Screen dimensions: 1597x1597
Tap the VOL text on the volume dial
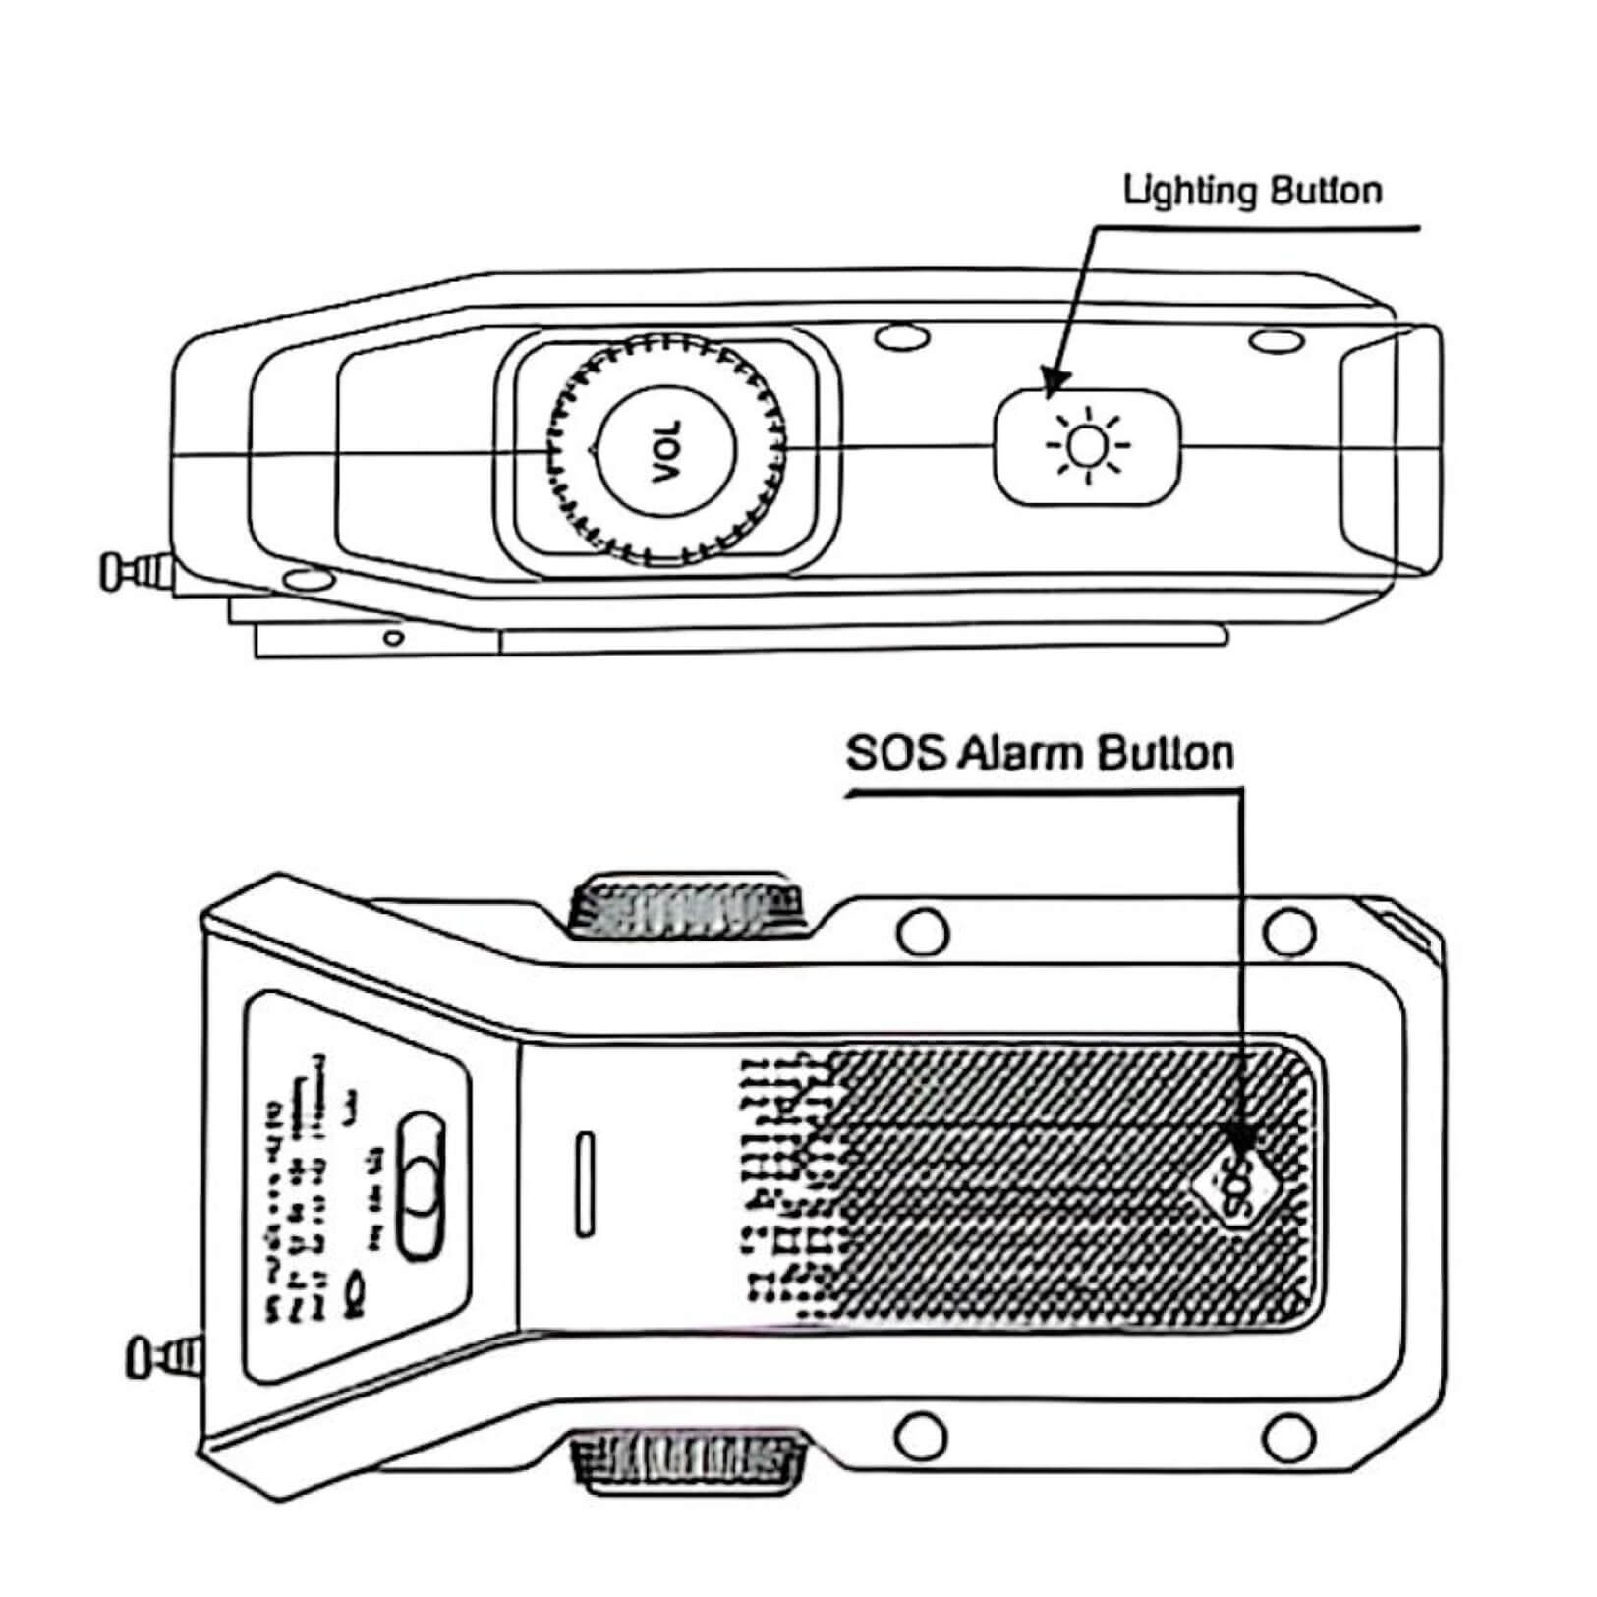[x=666, y=451]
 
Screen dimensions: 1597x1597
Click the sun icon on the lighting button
[x=1086, y=445]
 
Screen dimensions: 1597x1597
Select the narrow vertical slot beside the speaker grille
[x=585, y=1183]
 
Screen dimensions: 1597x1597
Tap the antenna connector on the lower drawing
[x=163, y=1359]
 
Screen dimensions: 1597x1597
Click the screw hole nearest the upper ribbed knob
[x=923, y=930]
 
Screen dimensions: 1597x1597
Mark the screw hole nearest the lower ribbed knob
[x=923, y=1436]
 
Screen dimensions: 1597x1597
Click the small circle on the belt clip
[x=393, y=638]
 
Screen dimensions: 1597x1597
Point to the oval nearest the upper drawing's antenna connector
[x=307, y=579]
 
